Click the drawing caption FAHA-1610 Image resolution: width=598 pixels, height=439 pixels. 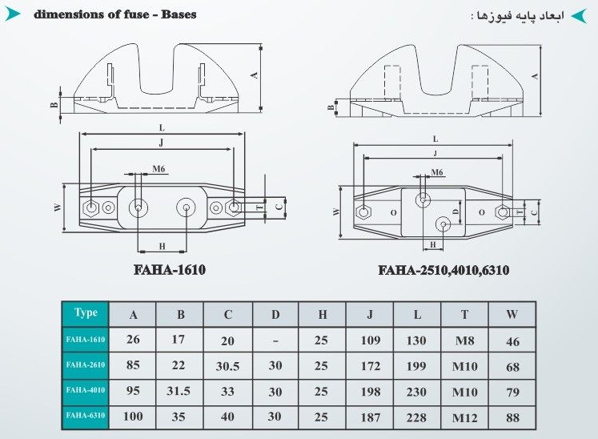point(170,270)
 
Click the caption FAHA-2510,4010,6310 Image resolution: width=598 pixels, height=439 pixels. point(443,270)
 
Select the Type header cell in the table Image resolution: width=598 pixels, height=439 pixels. point(86,314)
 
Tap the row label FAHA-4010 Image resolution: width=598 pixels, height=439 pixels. point(86,390)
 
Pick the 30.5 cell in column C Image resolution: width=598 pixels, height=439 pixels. point(227,366)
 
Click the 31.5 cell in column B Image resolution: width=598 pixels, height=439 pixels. point(179,391)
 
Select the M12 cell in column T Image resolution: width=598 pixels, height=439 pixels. point(464,418)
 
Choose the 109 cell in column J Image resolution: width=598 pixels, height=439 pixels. point(371,340)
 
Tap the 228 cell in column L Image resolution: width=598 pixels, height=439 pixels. point(416,417)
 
